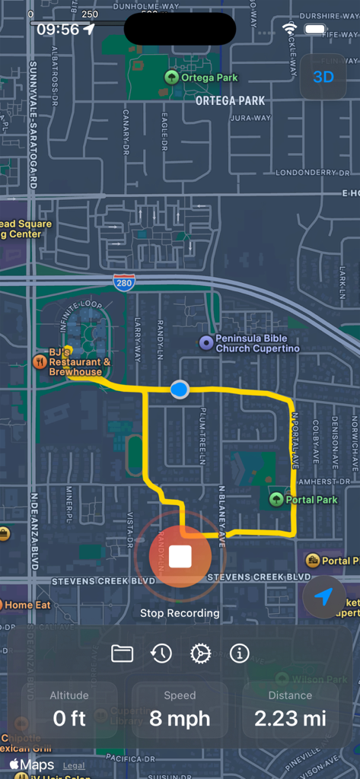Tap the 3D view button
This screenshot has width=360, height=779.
(323, 77)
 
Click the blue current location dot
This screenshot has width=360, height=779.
(180, 389)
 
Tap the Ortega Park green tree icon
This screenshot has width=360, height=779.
(172, 77)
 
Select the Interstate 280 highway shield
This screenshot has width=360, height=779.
(124, 282)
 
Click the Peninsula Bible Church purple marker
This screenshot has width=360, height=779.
(205, 343)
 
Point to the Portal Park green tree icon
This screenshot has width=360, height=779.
(277, 500)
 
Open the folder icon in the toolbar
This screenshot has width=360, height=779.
(122, 653)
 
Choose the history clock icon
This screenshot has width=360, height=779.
(161, 653)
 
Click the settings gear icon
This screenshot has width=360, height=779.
(200, 653)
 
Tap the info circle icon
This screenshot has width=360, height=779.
(239, 653)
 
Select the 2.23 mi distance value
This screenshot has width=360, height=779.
(290, 718)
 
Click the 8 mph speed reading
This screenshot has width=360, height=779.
(180, 718)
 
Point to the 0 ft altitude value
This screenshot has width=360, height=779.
(69, 718)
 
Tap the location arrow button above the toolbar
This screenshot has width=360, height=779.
(324, 598)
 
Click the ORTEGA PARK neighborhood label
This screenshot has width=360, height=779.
(230, 100)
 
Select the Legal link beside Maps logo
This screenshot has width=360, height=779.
(74, 766)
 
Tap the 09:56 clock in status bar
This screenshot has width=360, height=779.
(58, 29)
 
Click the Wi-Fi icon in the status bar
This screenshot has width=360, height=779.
(289, 29)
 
